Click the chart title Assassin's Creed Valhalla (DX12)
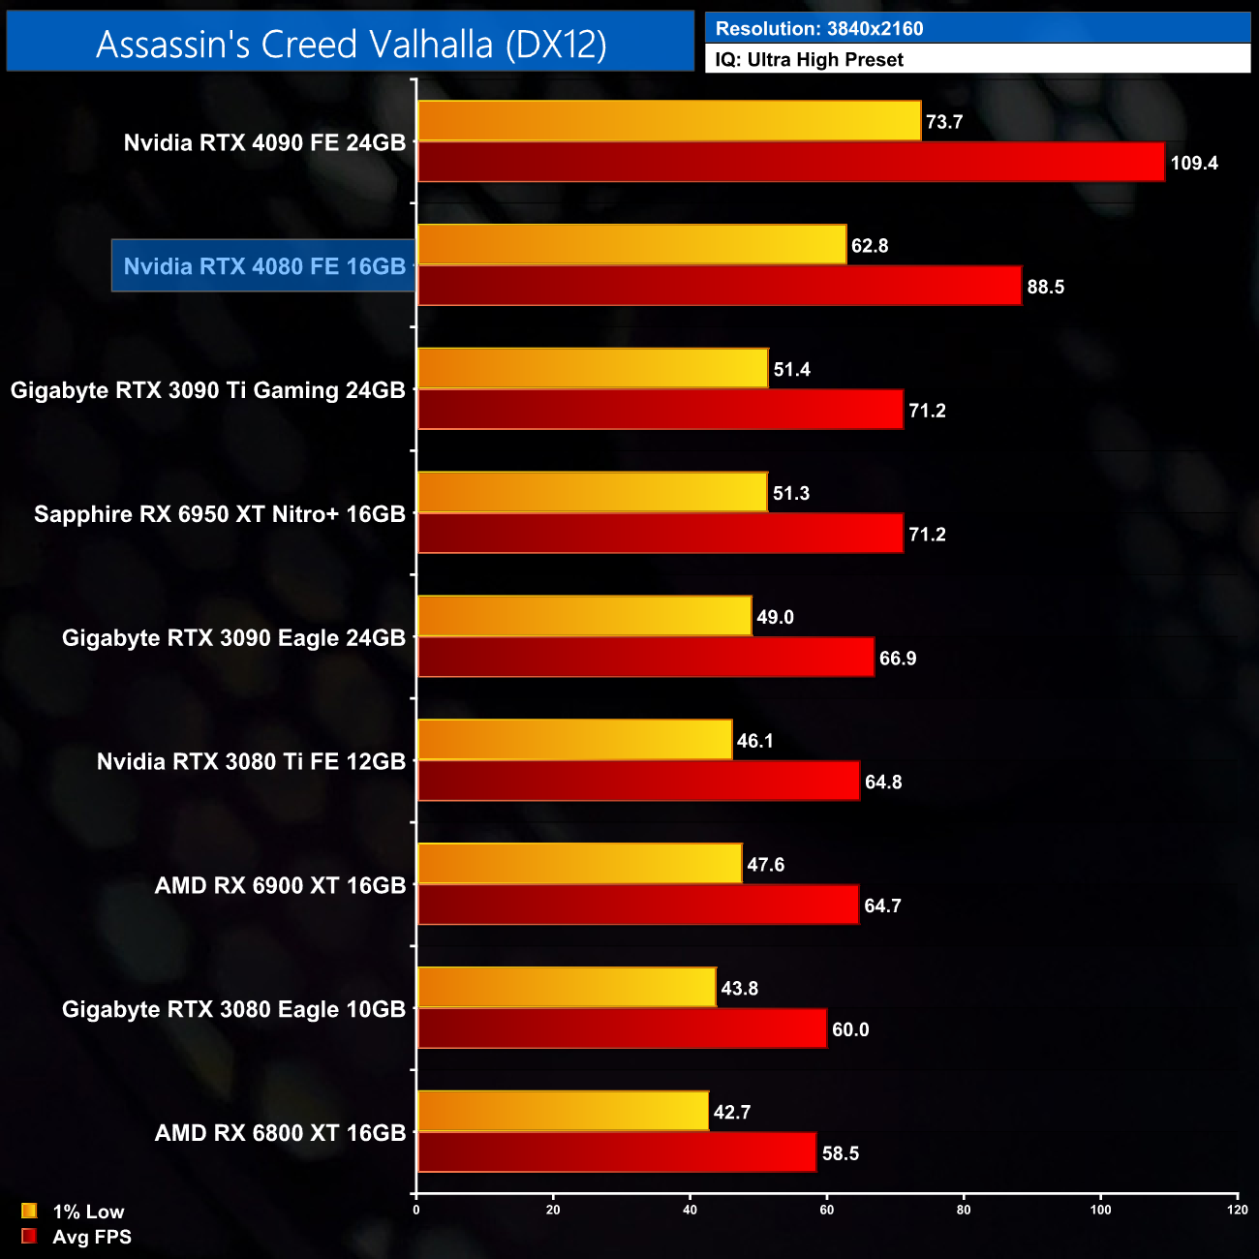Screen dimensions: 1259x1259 click(x=351, y=44)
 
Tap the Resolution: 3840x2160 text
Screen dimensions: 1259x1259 click(x=818, y=29)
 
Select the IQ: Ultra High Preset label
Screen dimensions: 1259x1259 click(x=809, y=60)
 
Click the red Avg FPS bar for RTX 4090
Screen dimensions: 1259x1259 click(x=790, y=162)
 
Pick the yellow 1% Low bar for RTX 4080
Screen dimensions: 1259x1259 click(x=631, y=245)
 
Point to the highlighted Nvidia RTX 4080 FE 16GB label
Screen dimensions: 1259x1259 click(x=263, y=266)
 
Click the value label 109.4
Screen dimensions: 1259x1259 click(x=1194, y=163)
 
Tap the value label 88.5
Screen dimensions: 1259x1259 click(x=1045, y=287)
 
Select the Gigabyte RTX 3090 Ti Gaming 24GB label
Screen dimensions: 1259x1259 click(x=207, y=390)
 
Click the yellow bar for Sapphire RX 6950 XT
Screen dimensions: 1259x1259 click(x=592, y=493)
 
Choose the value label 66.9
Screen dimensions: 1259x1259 click(x=897, y=659)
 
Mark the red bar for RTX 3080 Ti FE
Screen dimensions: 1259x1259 click(x=638, y=782)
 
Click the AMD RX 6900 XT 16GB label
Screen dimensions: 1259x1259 click(x=280, y=885)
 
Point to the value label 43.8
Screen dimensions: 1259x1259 click(x=739, y=989)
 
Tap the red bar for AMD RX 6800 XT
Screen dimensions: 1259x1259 click(x=616, y=1152)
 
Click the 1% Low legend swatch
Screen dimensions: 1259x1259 click(x=29, y=1211)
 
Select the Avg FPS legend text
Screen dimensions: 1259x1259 click(x=91, y=1237)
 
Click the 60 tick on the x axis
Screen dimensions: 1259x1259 click(x=827, y=1210)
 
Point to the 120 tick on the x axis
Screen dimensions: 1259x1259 click(x=1237, y=1210)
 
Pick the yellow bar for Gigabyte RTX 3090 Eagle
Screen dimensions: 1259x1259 click(x=584, y=617)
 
